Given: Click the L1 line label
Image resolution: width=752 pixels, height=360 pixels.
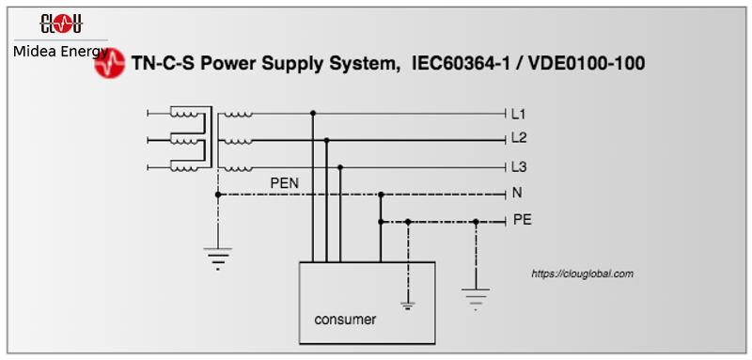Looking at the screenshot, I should click(518, 114).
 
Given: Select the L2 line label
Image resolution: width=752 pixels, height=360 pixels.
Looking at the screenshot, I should click(518, 138).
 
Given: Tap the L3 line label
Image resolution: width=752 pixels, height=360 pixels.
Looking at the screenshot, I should click(518, 166).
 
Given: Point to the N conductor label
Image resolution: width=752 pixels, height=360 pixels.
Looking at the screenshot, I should click(517, 194).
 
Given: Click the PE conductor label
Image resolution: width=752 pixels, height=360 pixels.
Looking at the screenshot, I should click(522, 221).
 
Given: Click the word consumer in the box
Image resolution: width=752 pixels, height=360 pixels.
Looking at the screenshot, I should click(345, 320).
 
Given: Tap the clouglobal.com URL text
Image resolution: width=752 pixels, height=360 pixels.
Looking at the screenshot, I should click(582, 274).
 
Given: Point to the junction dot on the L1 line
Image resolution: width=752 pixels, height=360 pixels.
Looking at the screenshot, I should click(313, 113).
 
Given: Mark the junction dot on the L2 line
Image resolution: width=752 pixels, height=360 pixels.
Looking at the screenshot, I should click(326, 140).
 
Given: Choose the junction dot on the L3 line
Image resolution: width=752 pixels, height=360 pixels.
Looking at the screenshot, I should click(340, 167).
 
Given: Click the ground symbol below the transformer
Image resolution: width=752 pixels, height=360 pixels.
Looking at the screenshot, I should click(218, 257).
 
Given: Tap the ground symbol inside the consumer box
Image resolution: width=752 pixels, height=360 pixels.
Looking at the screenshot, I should click(408, 303).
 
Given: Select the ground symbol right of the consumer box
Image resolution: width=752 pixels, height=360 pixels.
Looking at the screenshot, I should click(477, 296).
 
